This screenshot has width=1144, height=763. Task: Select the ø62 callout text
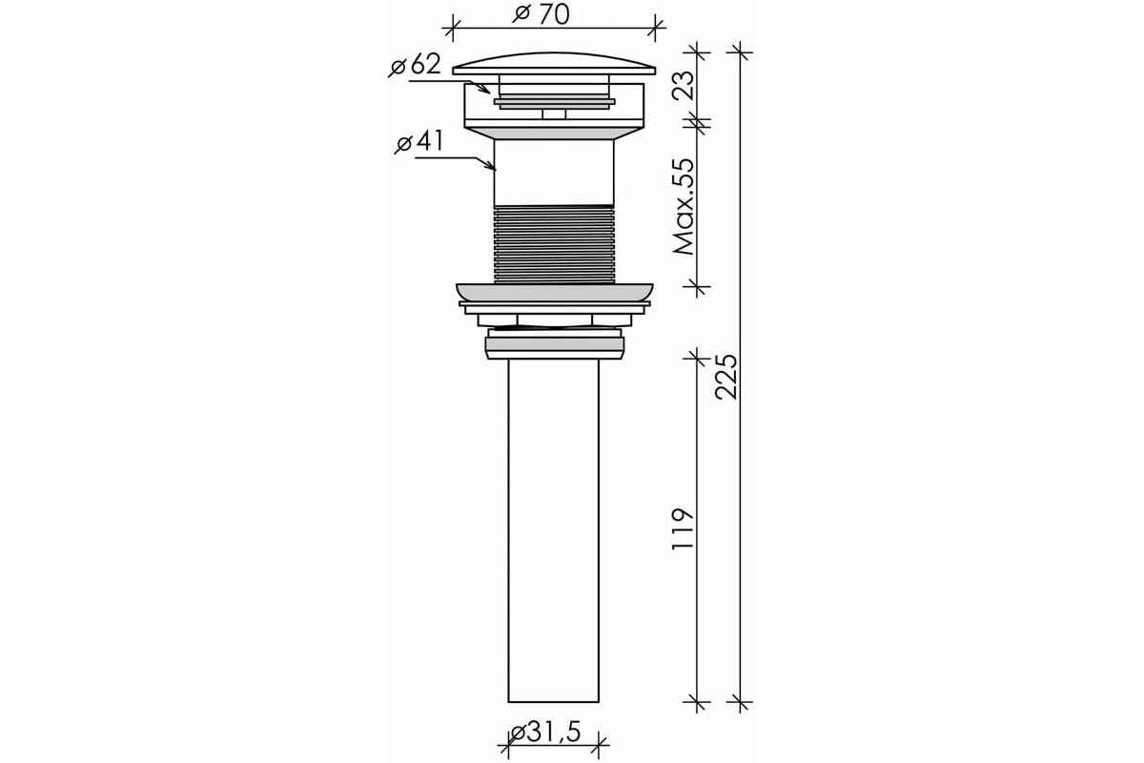point(415,65)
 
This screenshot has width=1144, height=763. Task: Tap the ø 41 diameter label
point(419,141)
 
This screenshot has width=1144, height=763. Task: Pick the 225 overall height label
point(726,377)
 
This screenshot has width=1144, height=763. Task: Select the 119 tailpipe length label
point(684,529)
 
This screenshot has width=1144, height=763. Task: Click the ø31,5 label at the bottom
point(545,732)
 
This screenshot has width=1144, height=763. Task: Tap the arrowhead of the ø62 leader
point(486,90)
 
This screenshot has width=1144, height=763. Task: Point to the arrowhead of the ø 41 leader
point(491,166)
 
